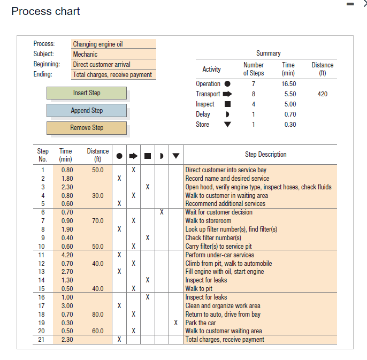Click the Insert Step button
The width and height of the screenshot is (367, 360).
(87, 93)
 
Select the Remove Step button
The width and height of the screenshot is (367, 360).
(87, 128)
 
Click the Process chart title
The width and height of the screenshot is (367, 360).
(45, 11)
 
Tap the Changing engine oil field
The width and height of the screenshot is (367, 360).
(114, 44)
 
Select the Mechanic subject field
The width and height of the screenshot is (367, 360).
(114, 54)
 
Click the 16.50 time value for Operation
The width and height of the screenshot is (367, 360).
(288, 84)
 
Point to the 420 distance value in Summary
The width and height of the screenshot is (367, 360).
(322, 94)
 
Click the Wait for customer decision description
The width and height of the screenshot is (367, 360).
(219, 212)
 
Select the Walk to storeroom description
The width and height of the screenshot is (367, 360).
(208, 220)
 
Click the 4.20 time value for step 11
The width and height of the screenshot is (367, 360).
(67, 255)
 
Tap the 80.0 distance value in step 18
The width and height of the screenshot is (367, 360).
(97, 315)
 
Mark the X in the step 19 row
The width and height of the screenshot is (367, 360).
(175, 323)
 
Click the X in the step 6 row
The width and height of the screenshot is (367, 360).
(161, 212)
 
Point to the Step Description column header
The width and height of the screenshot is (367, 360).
(265, 155)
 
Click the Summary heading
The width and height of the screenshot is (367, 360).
(268, 53)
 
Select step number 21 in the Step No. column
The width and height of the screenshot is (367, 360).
(43, 339)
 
